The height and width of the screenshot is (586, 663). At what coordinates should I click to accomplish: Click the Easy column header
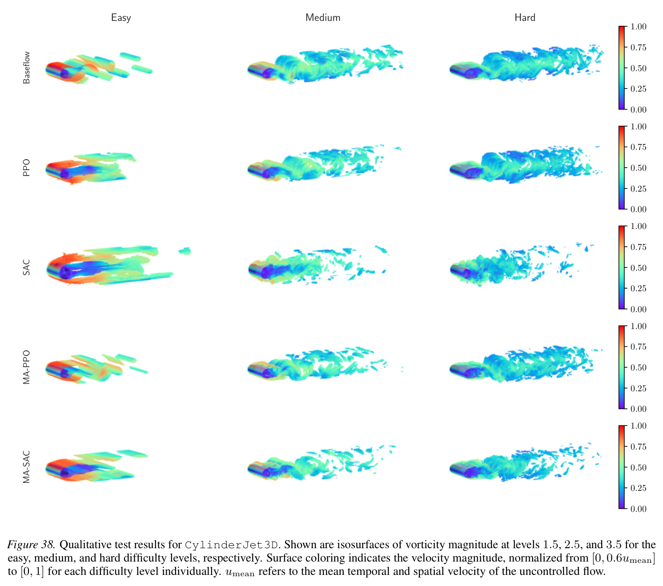(121, 18)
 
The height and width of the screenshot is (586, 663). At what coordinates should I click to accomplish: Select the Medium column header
(323, 17)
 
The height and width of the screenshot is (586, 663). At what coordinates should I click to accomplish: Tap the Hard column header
(525, 17)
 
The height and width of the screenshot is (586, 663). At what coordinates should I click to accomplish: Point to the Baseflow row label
(26, 68)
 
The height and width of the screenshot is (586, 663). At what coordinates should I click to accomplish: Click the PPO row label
(26, 168)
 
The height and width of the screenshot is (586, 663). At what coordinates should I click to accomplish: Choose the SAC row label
(26, 267)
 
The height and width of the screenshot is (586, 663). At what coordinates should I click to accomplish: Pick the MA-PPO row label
(26, 367)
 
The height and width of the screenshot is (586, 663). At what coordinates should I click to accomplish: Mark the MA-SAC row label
(26, 467)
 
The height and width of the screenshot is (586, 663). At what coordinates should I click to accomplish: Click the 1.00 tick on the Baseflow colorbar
(638, 27)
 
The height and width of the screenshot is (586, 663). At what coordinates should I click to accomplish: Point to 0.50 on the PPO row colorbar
(638, 168)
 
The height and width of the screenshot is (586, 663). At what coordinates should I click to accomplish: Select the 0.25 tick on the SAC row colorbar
(638, 288)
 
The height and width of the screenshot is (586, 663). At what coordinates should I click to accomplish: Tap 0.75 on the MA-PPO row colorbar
(638, 346)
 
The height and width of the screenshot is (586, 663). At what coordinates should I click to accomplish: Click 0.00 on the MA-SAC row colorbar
(638, 509)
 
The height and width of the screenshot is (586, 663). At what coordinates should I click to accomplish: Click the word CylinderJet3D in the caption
(231, 545)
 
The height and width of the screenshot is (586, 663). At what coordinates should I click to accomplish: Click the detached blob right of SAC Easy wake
(185, 251)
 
